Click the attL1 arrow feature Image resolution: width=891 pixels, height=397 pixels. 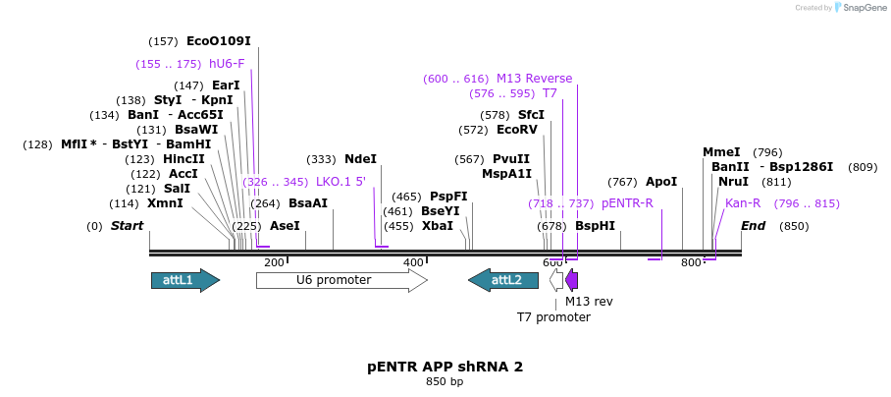184,280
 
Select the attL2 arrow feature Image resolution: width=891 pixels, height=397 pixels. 503,280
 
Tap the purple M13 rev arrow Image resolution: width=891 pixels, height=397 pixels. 572,280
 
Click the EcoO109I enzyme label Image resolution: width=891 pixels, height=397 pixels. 218,41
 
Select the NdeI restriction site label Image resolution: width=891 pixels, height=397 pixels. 360,158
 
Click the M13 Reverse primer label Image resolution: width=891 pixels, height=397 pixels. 534,79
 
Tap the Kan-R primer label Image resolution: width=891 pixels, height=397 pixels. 743,203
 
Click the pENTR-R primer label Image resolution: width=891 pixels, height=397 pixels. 627,203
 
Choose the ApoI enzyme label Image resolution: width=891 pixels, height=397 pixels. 661,182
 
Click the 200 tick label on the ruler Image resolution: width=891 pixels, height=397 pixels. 274,262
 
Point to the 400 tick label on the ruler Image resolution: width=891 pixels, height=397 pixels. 413,262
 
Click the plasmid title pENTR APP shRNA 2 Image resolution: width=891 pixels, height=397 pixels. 445,367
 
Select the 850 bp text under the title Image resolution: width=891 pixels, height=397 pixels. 445,381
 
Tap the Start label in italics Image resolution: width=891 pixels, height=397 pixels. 127,226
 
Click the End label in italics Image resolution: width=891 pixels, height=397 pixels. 753,226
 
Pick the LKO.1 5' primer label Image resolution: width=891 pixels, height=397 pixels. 341,182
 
